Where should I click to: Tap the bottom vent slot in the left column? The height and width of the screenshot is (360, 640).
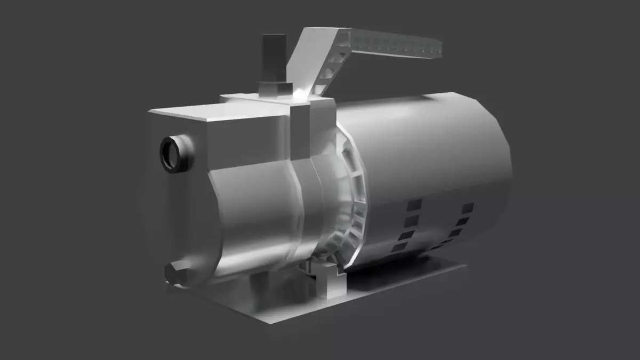399,246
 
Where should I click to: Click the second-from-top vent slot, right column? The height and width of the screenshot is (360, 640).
462,221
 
